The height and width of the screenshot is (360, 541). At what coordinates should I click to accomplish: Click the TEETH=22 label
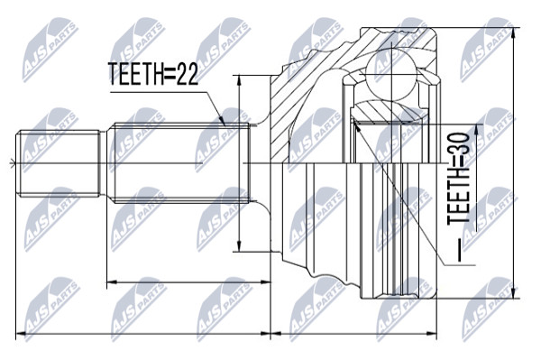coord(153,74)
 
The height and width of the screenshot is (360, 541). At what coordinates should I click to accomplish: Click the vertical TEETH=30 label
coord(459,179)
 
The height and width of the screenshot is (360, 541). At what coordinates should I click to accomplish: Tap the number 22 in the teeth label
coord(188,74)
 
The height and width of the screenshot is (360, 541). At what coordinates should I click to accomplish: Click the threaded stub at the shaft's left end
coord(60,163)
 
